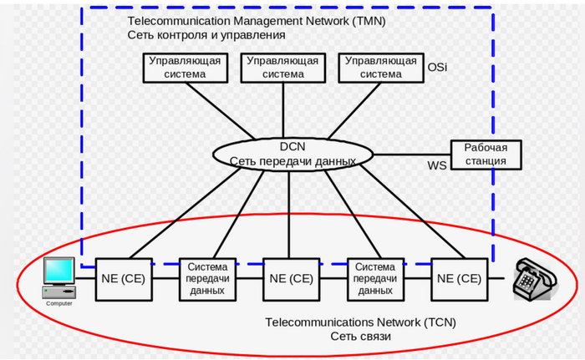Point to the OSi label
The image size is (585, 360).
click(437, 67)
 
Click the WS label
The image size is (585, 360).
click(437, 165)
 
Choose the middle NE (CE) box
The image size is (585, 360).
click(290, 278)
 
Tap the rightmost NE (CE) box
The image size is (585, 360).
click(457, 278)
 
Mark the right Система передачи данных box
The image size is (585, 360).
click(374, 278)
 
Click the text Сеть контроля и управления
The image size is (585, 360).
click(206, 35)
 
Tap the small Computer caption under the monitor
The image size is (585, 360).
click(58, 303)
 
